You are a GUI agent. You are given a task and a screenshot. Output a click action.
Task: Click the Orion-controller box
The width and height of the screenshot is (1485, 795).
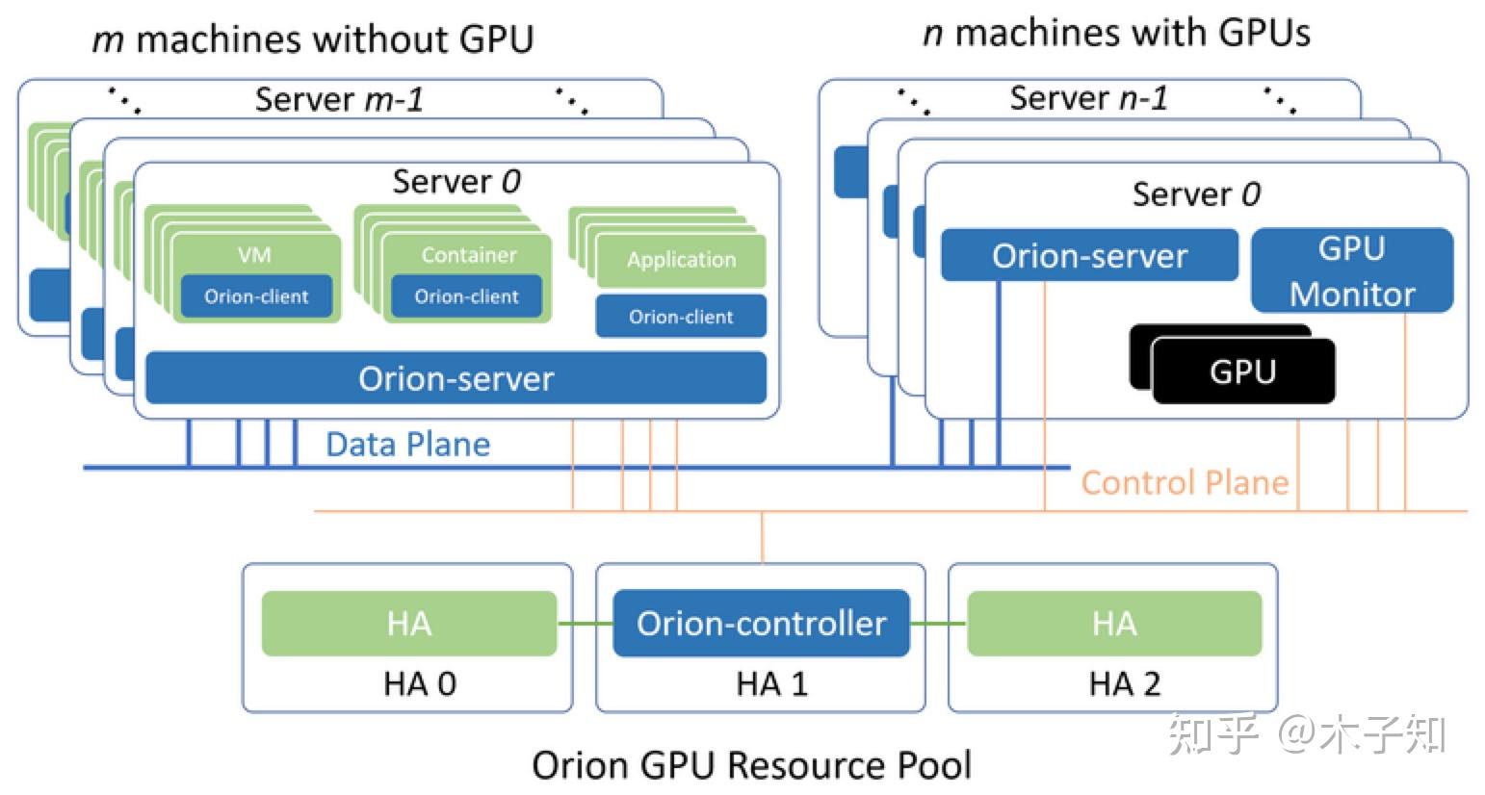(761, 624)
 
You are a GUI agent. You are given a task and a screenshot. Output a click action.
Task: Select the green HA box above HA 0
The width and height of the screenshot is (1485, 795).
(408, 624)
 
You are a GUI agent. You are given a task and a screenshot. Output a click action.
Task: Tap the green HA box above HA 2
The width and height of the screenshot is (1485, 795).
(1114, 624)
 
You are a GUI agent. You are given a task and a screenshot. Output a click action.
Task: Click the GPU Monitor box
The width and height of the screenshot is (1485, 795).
(1351, 270)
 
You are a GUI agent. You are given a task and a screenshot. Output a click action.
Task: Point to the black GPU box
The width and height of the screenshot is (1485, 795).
(1242, 372)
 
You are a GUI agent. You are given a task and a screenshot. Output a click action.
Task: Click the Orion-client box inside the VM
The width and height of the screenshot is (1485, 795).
(256, 296)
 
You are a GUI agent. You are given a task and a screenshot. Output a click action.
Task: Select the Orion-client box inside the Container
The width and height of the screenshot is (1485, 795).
(466, 296)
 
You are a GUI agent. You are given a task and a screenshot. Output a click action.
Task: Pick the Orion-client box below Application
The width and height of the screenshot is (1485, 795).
(681, 317)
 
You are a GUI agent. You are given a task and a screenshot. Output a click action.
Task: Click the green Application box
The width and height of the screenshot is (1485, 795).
(681, 260)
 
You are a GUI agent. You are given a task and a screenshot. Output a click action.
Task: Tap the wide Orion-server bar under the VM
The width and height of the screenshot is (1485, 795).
(456, 378)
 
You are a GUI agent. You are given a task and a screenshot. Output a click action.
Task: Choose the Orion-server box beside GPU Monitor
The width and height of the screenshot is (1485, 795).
(1089, 256)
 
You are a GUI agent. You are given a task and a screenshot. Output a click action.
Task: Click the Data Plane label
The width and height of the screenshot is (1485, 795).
(407, 444)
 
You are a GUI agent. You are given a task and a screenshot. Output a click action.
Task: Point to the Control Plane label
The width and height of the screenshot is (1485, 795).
(1185, 482)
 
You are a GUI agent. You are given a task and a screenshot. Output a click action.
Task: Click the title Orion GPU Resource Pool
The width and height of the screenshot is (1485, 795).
(751, 765)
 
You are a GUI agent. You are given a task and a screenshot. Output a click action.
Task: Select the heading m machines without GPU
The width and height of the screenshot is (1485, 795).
(312, 39)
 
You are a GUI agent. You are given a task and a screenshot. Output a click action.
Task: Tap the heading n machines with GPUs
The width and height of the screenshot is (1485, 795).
(1116, 33)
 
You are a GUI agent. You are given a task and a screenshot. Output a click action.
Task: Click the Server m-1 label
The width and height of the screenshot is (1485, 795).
(339, 99)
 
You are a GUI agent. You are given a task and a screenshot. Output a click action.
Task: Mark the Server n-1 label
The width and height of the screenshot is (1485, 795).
(1088, 98)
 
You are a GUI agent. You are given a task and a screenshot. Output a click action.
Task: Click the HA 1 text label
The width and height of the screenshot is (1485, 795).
(771, 683)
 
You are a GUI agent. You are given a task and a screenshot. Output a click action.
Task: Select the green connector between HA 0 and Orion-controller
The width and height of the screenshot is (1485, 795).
(585, 624)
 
